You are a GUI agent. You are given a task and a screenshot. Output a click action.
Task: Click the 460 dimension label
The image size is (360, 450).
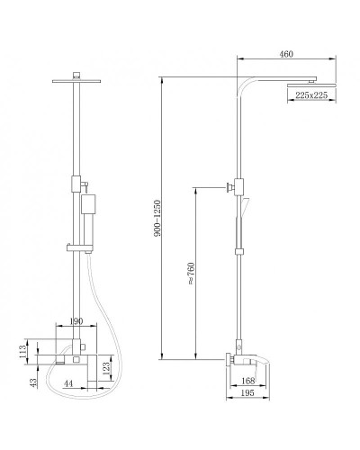coord(286,54)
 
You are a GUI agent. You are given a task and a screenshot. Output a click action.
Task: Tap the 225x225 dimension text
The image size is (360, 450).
coord(311,95)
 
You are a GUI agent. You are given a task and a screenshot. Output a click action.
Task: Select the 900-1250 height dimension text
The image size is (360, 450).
coord(157,218)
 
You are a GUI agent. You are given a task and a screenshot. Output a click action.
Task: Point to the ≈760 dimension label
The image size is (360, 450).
coord(191,274)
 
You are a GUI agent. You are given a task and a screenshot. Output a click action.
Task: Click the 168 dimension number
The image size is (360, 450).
coord(248,381)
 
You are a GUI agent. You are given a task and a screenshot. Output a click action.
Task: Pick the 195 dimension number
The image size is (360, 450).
coord(247,393)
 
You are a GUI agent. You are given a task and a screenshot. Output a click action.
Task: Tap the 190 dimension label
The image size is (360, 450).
coord(76,321)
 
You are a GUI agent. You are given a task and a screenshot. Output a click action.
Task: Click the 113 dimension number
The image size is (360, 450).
coord(22,352)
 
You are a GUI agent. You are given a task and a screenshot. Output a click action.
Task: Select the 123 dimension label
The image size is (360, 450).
coord(106,369)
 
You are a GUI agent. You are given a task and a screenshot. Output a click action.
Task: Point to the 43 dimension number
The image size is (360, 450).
coord(33,382)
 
